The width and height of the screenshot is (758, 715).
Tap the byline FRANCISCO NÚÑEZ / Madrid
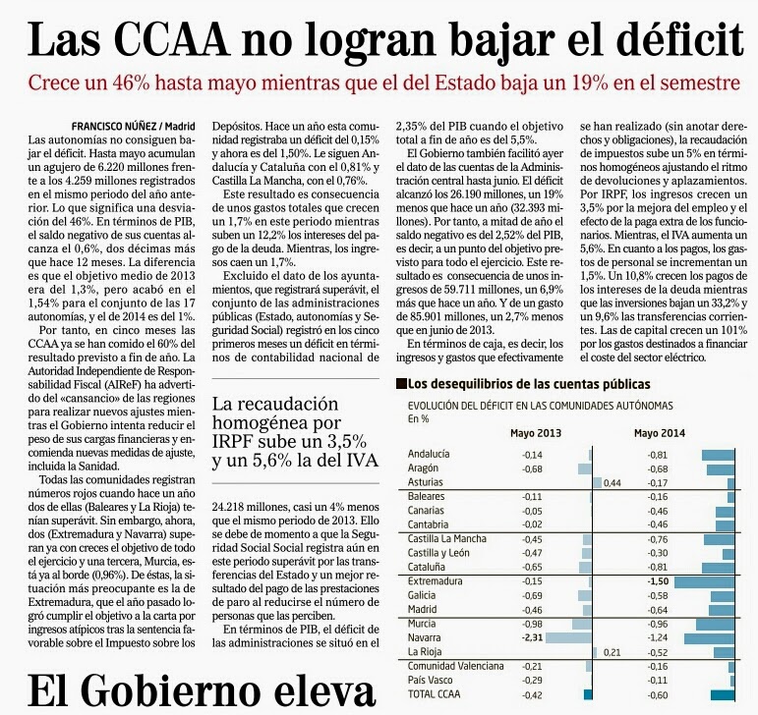(x=134, y=127)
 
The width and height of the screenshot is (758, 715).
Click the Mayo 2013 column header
(x=536, y=433)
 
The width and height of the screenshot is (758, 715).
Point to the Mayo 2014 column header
(x=660, y=433)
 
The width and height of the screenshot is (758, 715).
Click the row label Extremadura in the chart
(x=436, y=581)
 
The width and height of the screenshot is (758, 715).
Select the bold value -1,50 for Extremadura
(x=658, y=581)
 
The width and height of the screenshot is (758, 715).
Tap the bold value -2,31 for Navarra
(x=532, y=637)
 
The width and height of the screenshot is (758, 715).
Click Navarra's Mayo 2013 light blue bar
(x=568, y=637)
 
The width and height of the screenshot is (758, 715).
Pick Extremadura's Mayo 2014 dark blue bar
(x=704, y=581)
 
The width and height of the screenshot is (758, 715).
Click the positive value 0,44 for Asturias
(x=612, y=483)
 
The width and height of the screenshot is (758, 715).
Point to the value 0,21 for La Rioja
(x=612, y=653)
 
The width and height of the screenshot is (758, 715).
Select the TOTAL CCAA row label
(x=435, y=694)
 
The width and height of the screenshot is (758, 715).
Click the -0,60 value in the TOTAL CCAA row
(x=658, y=695)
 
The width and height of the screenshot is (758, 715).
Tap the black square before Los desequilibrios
(x=400, y=384)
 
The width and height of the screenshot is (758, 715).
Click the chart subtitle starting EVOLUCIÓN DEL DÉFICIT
(x=541, y=406)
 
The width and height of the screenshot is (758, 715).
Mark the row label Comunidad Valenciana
(x=456, y=666)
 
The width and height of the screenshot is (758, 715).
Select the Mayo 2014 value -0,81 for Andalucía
(x=658, y=455)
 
